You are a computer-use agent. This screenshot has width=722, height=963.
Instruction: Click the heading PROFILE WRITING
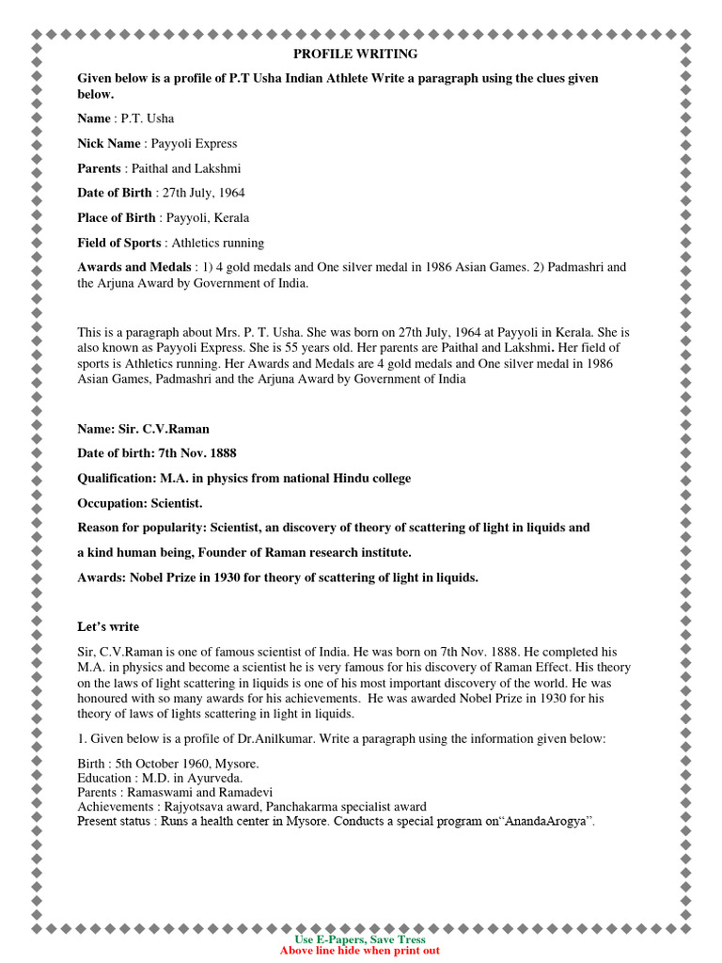coord(356,54)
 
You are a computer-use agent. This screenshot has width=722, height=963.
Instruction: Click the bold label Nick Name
coord(108,144)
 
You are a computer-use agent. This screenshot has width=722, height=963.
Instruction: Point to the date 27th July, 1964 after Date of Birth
coord(203,193)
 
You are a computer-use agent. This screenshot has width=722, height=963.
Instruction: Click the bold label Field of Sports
coord(118,243)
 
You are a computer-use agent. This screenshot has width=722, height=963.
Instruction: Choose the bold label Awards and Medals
coord(134,267)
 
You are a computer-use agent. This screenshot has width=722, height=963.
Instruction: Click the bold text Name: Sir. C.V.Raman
coord(143,429)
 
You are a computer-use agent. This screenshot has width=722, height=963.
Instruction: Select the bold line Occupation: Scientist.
coord(140,503)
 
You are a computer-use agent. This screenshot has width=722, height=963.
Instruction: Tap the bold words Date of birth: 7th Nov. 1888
coord(157,453)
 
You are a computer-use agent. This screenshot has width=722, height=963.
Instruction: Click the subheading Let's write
coord(108,627)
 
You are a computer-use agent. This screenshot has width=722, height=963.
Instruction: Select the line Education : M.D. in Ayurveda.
coord(161,778)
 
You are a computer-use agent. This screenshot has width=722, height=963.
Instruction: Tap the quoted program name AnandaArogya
coord(546,821)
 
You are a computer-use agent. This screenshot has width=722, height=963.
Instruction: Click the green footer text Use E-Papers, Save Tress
coord(360,939)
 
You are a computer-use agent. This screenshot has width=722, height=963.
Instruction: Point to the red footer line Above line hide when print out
coord(360,951)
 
